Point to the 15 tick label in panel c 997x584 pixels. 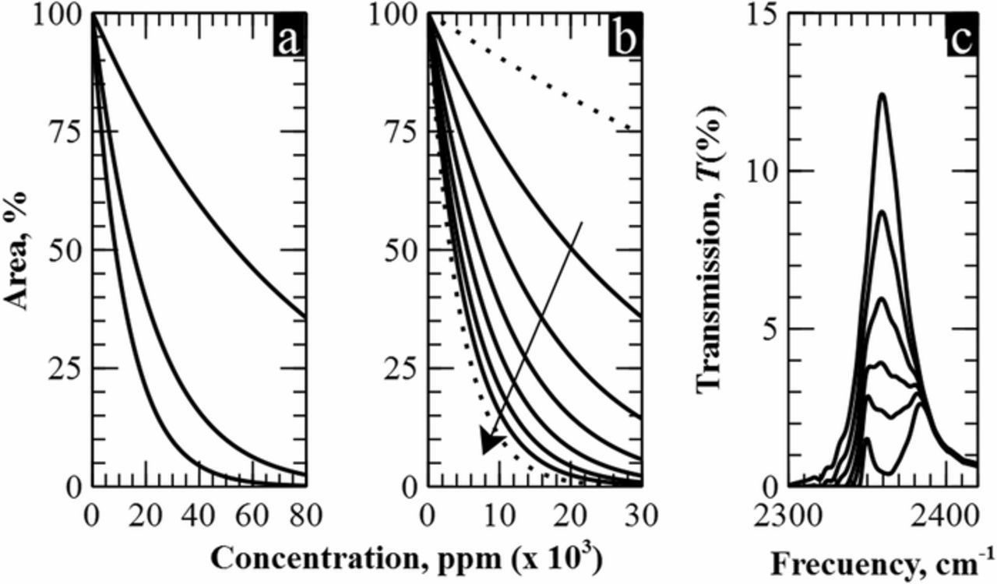pyautogui.click(x=764, y=16)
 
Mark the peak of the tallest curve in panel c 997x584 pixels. pyautogui.click(x=883, y=94)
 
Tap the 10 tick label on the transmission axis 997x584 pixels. pyautogui.click(x=764, y=172)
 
